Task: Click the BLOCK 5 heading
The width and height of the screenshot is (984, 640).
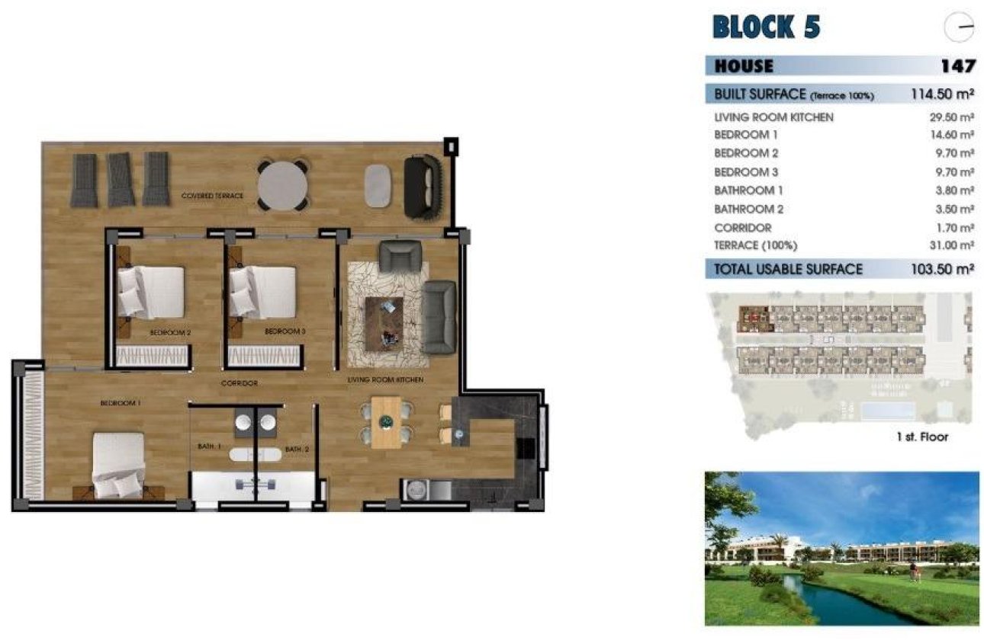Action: point(766,27)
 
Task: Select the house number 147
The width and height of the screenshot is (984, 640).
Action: point(957,66)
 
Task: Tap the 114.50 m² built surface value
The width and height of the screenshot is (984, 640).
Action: point(942,94)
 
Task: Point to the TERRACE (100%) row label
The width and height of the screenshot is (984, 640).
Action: point(755,245)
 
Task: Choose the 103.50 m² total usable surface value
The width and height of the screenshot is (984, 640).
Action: point(942,269)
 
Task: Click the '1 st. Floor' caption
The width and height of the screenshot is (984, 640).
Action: point(922,437)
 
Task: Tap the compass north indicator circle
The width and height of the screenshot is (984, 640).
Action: point(959,28)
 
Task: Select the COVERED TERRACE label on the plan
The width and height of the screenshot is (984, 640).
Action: point(212,196)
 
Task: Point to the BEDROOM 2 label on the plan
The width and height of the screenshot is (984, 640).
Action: point(169,333)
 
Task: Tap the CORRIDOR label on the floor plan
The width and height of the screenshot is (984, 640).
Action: point(239,383)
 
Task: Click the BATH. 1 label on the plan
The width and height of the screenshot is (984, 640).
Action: point(209,447)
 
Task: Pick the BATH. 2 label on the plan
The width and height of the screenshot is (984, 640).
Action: point(296,450)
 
